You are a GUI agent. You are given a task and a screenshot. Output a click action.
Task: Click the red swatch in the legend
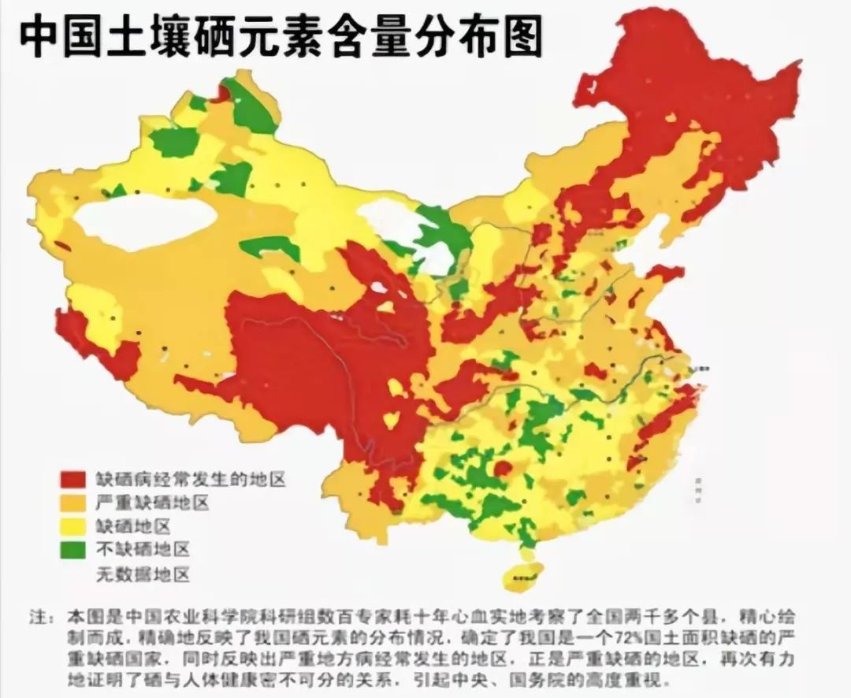(x=74, y=479)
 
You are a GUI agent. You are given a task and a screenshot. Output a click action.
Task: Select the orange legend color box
(x=74, y=503)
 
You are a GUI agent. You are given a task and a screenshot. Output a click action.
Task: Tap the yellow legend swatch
(x=74, y=526)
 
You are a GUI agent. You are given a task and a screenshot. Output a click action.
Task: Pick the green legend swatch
(x=74, y=550)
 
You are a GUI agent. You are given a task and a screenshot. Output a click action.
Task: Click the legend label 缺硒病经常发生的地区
(x=190, y=479)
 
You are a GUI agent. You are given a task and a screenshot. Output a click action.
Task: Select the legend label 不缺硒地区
(x=143, y=550)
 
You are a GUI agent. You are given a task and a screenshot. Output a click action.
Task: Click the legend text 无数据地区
(x=143, y=574)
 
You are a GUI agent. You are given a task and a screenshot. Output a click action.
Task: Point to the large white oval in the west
(x=146, y=223)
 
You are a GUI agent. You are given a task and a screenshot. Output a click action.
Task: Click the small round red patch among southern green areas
(x=502, y=470)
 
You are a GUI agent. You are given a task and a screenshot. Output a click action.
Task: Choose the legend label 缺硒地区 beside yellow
(x=133, y=526)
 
